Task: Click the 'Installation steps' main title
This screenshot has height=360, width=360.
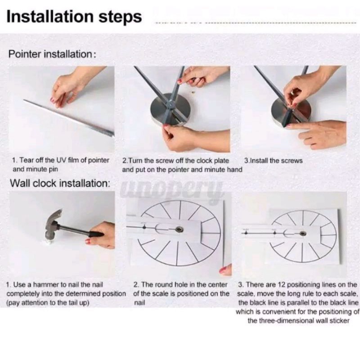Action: click(x=74, y=17)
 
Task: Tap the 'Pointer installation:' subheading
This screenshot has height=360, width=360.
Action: click(x=52, y=54)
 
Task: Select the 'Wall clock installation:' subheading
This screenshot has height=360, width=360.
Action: click(x=60, y=183)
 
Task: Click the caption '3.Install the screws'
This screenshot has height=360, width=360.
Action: click(x=273, y=161)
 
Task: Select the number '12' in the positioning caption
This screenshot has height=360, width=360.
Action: click(x=282, y=285)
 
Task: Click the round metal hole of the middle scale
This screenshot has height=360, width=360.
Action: click(x=179, y=229)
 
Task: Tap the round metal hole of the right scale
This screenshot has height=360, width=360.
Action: click(x=303, y=234)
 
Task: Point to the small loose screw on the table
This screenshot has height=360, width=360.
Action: click(x=193, y=92)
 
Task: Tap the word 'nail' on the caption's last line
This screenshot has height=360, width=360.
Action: click(x=139, y=302)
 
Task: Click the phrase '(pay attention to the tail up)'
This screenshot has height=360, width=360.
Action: click(x=48, y=303)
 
